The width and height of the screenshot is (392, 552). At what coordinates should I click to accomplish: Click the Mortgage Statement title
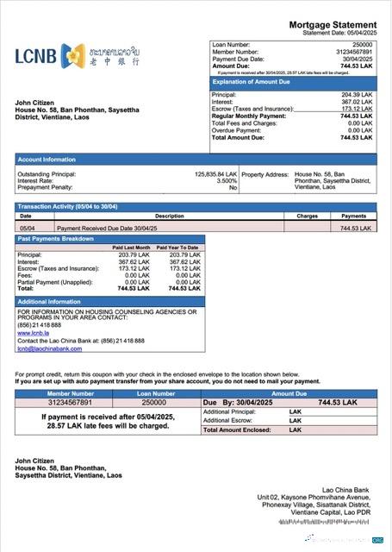pyautogui.click(x=332, y=25)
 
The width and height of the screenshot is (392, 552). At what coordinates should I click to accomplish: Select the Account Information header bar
pyautogui.click(x=47, y=159)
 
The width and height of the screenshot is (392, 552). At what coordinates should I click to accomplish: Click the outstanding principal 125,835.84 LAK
pyautogui.click(x=215, y=173)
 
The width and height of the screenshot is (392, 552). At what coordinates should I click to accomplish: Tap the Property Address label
pyautogui.click(x=265, y=173)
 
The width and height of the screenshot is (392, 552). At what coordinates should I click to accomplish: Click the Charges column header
pyautogui.click(x=307, y=216)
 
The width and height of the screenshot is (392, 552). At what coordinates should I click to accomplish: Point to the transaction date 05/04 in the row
pyautogui.click(x=27, y=228)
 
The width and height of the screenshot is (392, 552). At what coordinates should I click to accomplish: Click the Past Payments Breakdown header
pyautogui.click(x=57, y=238)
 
